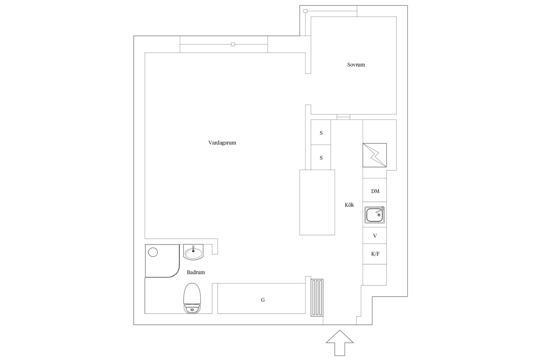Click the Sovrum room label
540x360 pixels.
[356, 65]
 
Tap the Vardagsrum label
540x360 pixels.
[222, 143]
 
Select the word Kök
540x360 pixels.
[349, 205]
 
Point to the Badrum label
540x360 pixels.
[196, 272]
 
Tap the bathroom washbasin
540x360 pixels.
[193, 252]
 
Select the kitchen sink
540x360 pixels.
[375, 215]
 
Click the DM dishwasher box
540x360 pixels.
[375, 191]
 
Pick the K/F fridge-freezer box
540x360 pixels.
[375, 254]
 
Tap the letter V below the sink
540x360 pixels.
[375, 236]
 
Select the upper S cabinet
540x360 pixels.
[321, 133]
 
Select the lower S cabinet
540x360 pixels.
[321, 158]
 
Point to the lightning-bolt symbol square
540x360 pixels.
[375, 155]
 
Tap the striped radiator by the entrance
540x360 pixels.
[317, 298]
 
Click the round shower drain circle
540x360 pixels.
[153, 252]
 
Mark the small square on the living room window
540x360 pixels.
[233, 44]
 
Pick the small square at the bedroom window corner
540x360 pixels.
[305, 11]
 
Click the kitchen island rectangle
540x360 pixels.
[317, 202]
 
